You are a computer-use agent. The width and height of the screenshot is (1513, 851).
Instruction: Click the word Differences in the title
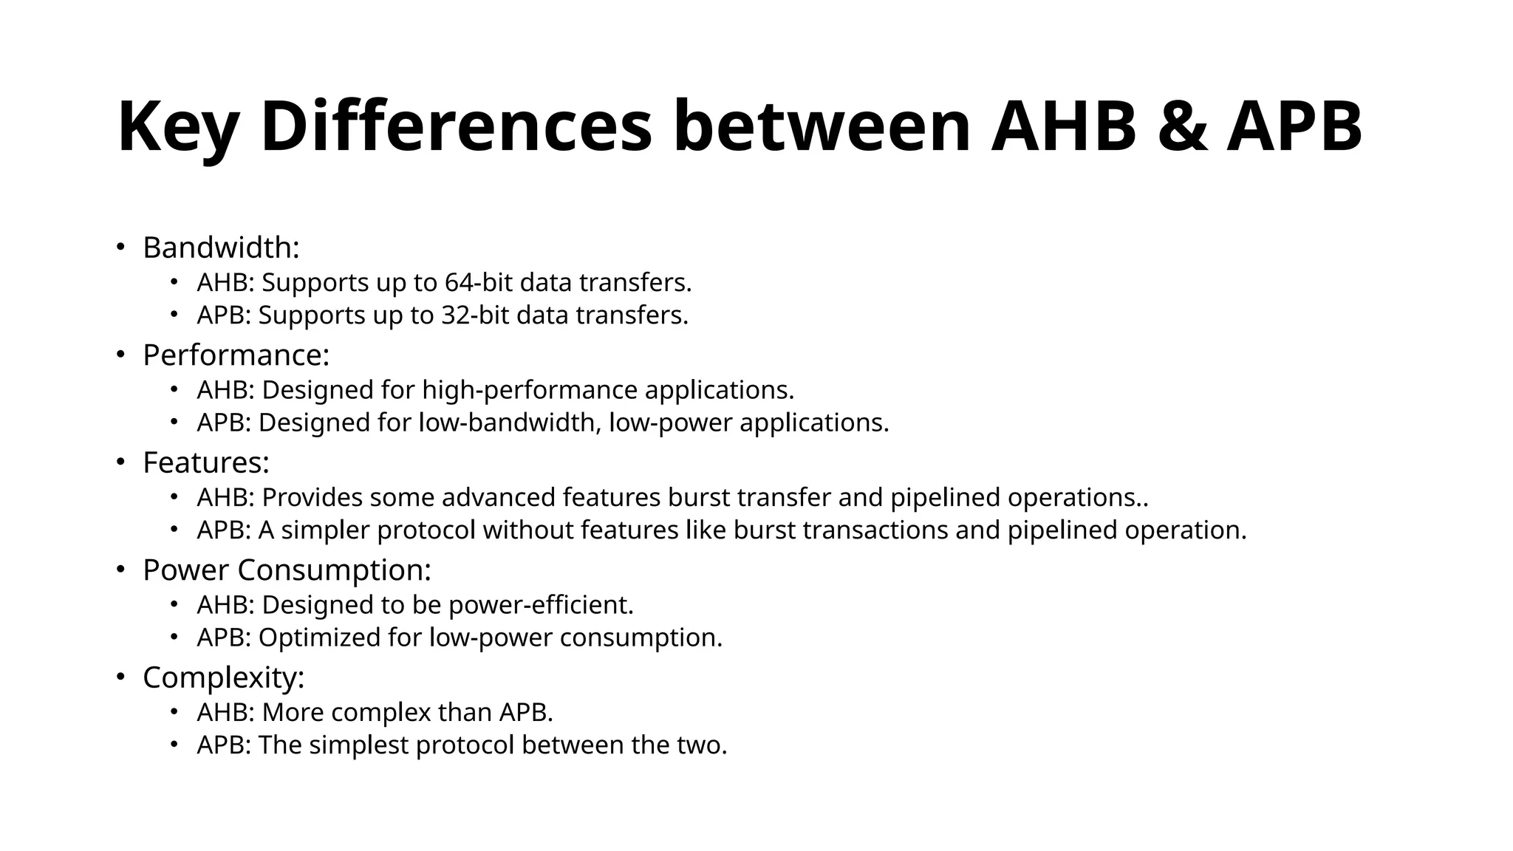(x=457, y=127)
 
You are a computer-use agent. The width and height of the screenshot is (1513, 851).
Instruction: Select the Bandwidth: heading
(x=221, y=247)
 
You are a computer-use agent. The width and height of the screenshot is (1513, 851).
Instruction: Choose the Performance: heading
(x=236, y=355)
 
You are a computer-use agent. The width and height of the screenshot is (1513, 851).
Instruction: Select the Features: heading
(x=206, y=463)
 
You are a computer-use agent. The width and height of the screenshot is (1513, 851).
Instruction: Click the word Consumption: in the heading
(x=334, y=570)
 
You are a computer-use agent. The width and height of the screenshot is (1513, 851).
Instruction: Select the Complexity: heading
(x=224, y=678)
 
